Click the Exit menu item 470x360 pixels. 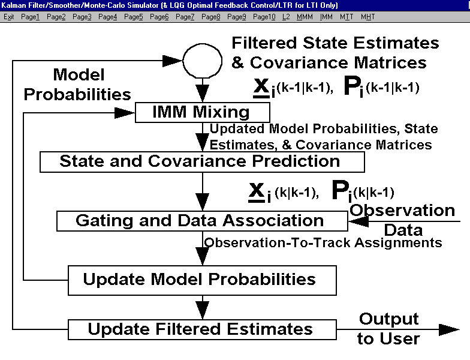coord(8,17)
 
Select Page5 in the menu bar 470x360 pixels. coord(133,17)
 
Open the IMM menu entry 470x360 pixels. coord(326,17)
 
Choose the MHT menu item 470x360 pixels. coord(368,17)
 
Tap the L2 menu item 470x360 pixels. coord(286,17)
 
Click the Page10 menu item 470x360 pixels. coord(264,17)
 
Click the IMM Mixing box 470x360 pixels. coord(203,113)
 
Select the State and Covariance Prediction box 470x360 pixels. coord(203,162)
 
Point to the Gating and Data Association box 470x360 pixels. coord(203,221)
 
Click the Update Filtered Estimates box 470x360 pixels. coord(203,329)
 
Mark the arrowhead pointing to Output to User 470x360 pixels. coord(449,330)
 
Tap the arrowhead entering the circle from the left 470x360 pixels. coord(173,61)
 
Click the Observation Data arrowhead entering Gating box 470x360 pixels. coord(358,221)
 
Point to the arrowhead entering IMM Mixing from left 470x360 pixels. coord(125,113)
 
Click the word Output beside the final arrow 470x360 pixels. coord(389,319)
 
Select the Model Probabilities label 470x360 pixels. coord(78,85)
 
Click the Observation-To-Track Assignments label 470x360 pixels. coord(323,242)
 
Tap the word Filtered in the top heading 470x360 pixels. coord(264,43)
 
